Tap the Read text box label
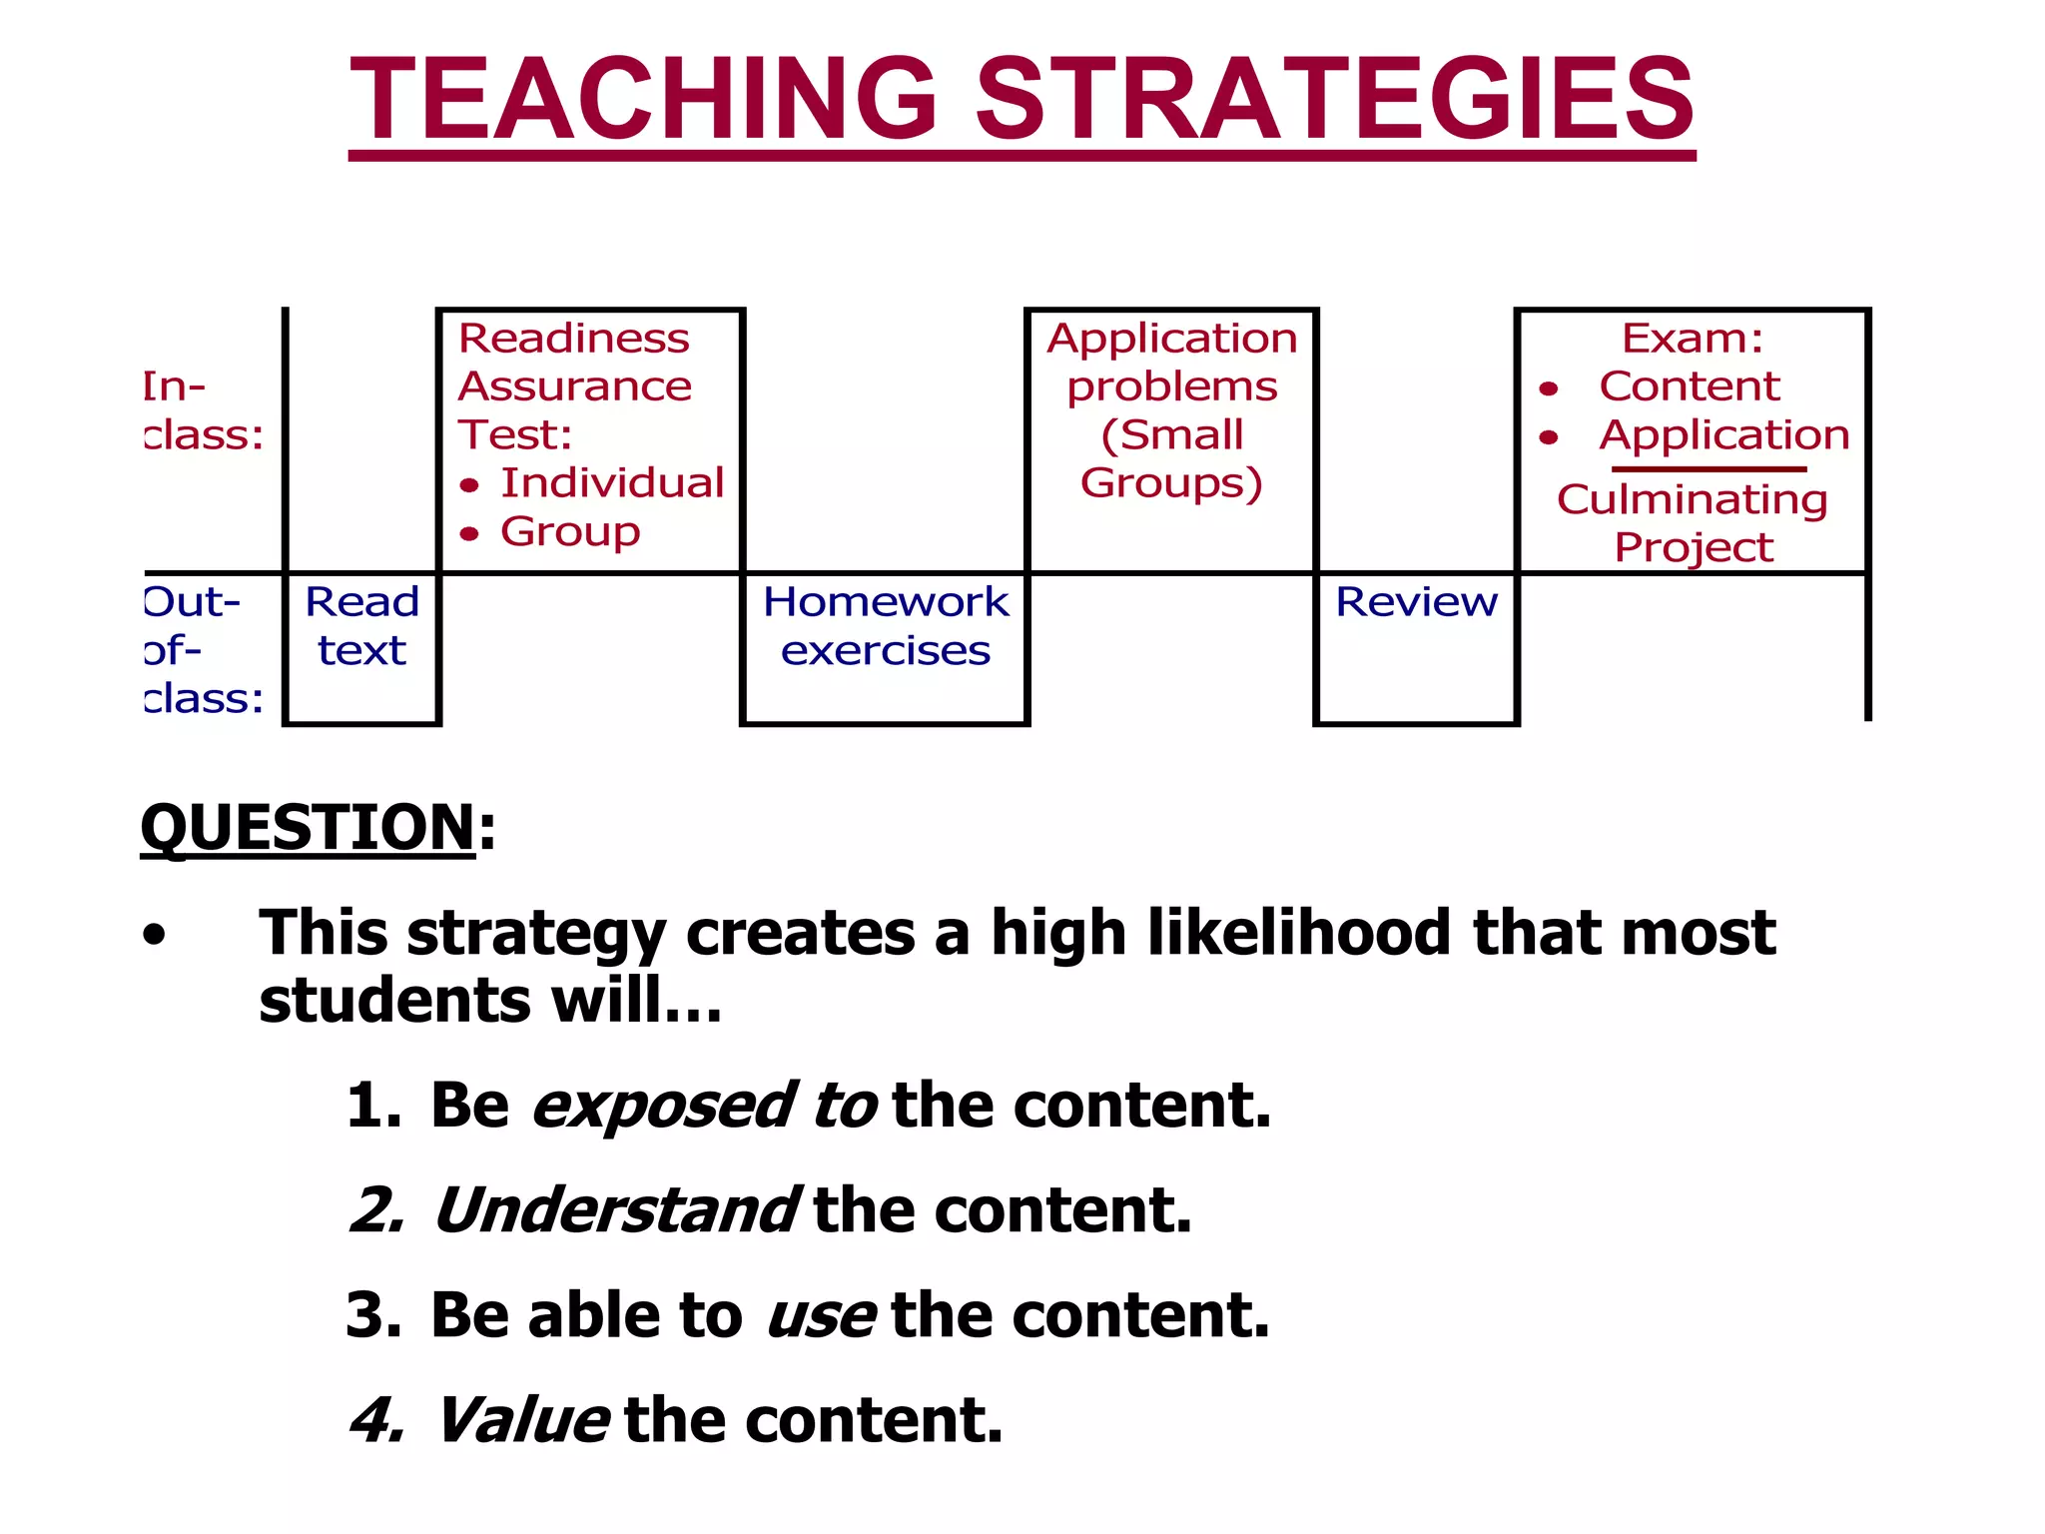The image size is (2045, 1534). tap(361, 626)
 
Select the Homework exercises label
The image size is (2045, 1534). tap(886, 626)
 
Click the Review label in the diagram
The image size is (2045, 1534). tap(1416, 602)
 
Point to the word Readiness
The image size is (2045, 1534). tap(573, 339)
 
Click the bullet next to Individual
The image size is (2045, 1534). tap(470, 486)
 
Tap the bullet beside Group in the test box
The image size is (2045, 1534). tap(470, 534)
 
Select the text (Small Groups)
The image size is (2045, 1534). tap(1171, 459)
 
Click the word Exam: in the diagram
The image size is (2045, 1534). tap(1693, 339)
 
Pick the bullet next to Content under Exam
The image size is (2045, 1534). tap(1549, 388)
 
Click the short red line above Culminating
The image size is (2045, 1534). tap(1708, 468)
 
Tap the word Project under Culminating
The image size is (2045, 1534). tap(1694, 547)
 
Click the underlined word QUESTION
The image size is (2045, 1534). tap(308, 828)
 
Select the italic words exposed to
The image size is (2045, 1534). tap(704, 1106)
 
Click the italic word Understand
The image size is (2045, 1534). tap(615, 1210)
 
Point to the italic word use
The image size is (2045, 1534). tap(821, 1315)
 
